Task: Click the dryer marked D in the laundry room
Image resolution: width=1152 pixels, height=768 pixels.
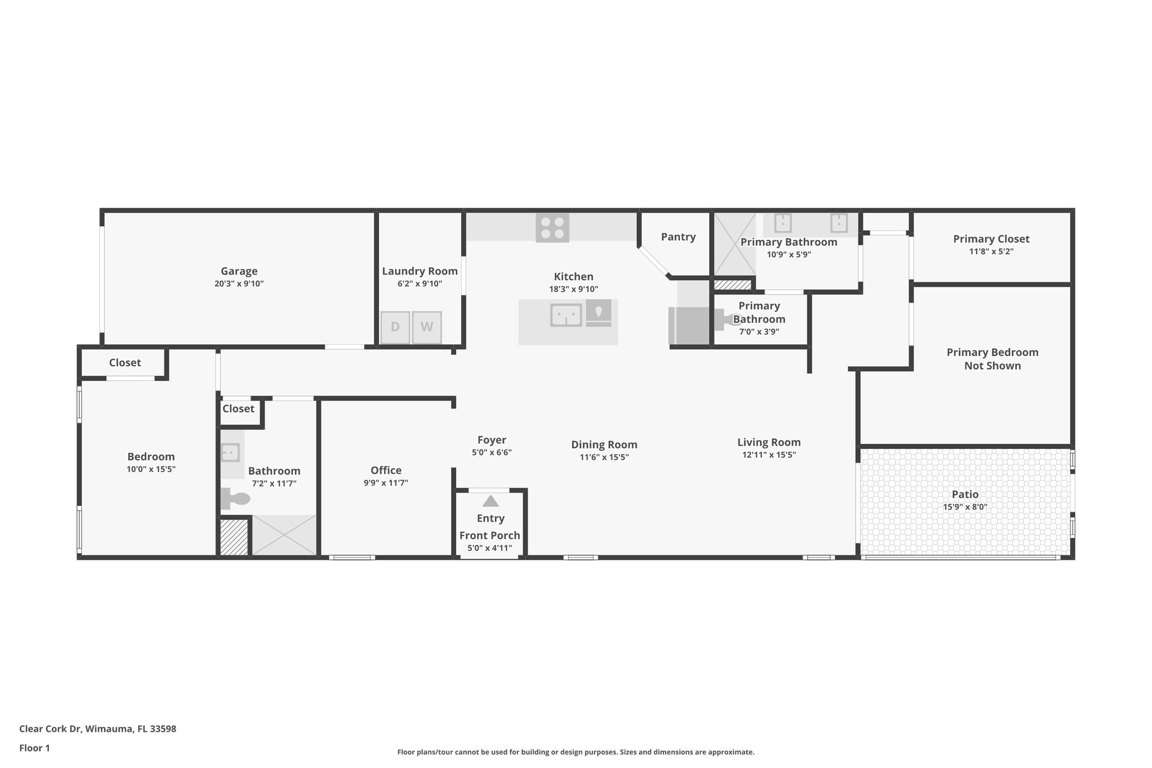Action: pyautogui.click(x=395, y=327)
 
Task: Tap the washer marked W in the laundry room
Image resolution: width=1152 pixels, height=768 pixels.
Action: pyautogui.click(x=426, y=327)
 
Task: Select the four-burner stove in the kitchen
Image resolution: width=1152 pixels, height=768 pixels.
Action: pyautogui.click(x=552, y=227)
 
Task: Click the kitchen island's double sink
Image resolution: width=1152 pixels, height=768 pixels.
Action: pyautogui.click(x=566, y=315)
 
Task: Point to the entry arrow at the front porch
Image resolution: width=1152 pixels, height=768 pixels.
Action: pyautogui.click(x=490, y=501)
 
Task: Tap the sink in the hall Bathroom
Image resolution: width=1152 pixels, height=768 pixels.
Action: pyautogui.click(x=230, y=452)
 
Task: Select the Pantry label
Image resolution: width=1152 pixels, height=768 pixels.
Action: pyautogui.click(x=678, y=237)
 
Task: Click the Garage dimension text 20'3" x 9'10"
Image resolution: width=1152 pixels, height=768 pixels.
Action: pyautogui.click(x=238, y=284)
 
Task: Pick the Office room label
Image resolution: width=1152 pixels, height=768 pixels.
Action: pyautogui.click(x=386, y=470)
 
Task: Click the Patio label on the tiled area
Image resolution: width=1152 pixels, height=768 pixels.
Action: pyautogui.click(x=965, y=494)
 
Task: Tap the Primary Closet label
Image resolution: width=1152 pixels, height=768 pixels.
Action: pyautogui.click(x=991, y=239)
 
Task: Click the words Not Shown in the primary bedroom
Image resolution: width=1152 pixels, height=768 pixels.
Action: pyautogui.click(x=992, y=366)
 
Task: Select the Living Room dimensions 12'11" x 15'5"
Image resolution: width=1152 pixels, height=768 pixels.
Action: pyautogui.click(x=768, y=455)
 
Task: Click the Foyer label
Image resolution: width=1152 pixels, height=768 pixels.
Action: pyautogui.click(x=492, y=440)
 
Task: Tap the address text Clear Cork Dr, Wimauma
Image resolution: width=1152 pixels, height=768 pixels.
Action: pyautogui.click(x=98, y=729)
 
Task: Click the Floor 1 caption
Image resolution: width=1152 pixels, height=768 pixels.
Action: pyautogui.click(x=34, y=748)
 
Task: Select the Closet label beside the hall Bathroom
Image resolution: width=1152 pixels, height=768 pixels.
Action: pyautogui.click(x=238, y=408)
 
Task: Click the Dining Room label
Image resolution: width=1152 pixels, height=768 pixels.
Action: pyautogui.click(x=604, y=444)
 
